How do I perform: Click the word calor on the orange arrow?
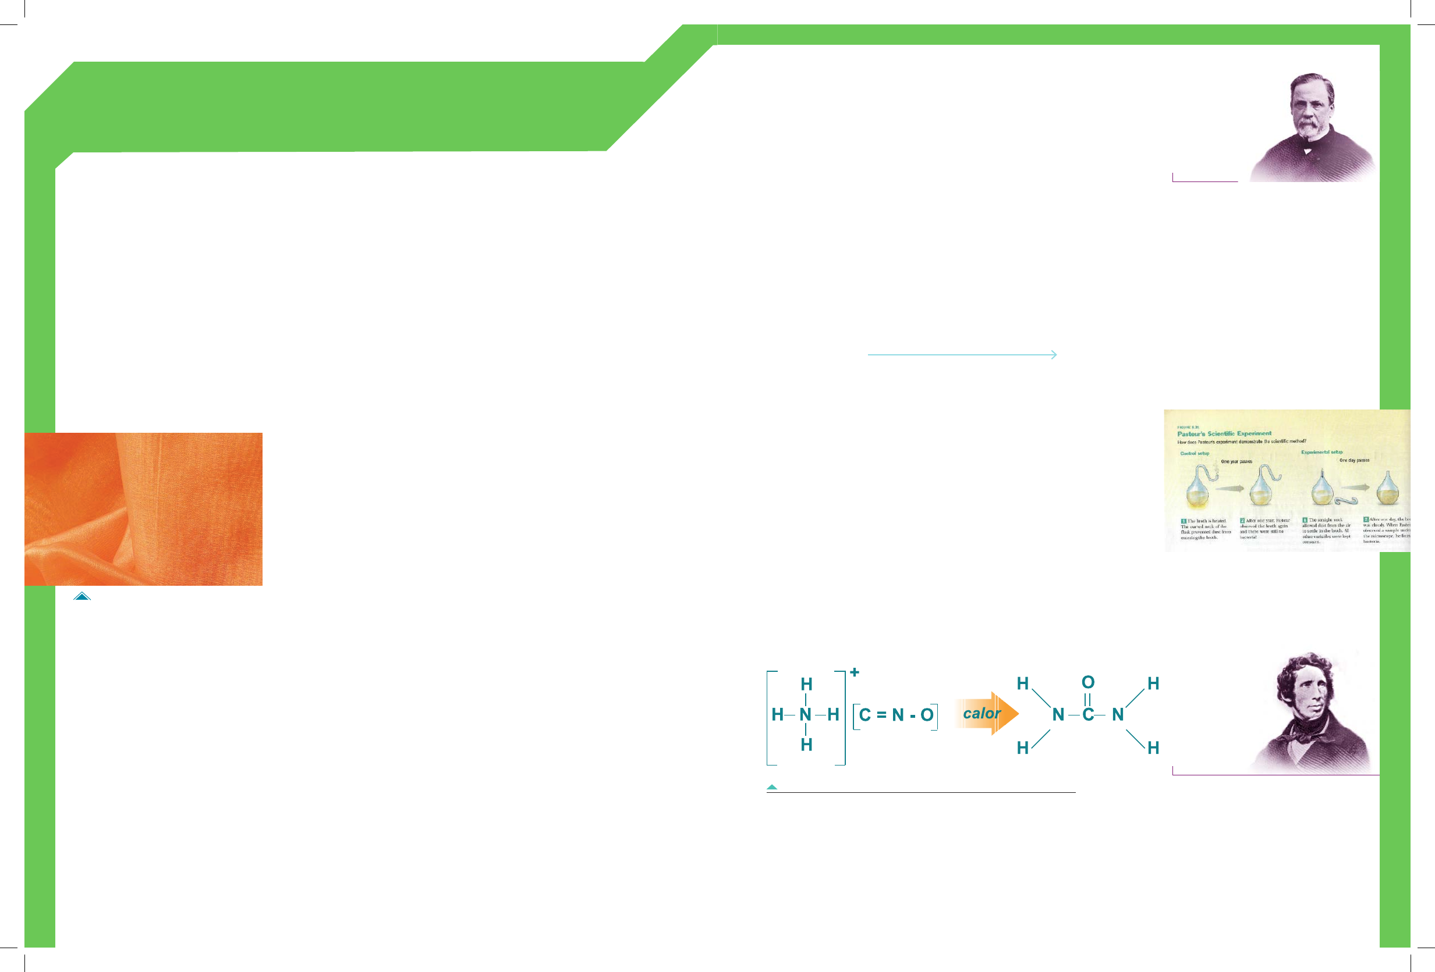(x=981, y=713)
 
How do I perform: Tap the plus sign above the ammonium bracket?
(x=855, y=672)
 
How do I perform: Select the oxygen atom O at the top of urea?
(x=1088, y=682)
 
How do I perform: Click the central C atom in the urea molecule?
(x=1088, y=715)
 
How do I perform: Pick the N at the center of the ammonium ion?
(x=805, y=715)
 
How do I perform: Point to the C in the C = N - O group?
(x=864, y=715)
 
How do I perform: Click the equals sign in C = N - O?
(x=881, y=715)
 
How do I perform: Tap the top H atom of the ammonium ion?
(x=806, y=685)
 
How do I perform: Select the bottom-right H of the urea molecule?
(x=1153, y=748)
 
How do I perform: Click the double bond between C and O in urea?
(x=1087, y=699)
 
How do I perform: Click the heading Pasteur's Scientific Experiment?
(x=1224, y=434)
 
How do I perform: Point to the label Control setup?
(x=1194, y=454)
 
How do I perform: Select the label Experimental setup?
(x=1321, y=453)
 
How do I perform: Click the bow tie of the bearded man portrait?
(x=1306, y=149)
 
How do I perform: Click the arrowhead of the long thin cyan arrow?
(x=1054, y=355)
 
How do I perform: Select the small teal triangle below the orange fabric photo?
(x=82, y=596)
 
